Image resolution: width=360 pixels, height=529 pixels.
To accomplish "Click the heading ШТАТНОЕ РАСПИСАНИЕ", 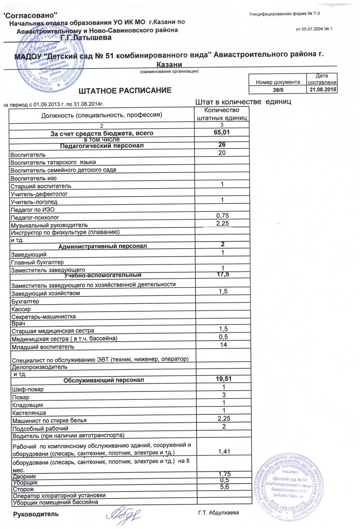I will tap(124, 91).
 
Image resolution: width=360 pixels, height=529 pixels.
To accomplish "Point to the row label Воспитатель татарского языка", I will tap(53, 163).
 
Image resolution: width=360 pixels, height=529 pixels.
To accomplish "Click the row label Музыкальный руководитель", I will tap(49, 225).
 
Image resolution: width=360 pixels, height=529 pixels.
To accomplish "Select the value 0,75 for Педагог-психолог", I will tap(223, 216).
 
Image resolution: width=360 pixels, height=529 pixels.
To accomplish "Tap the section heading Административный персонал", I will tap(103, 246).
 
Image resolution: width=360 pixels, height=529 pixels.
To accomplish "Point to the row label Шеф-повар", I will tap(28, 389).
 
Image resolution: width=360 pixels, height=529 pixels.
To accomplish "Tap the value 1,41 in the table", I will tap(223, 451).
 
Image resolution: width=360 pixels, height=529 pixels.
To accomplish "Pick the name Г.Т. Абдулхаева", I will tap(219, 514).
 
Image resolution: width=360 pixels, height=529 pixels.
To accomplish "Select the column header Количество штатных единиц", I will tap(223, 114).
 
